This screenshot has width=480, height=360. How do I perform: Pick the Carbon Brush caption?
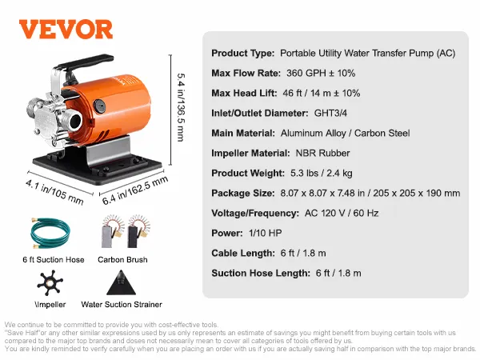pyautogui.click(x=122, y=260)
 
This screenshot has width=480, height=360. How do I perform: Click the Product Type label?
pyautogui.click(x=242, y=54)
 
